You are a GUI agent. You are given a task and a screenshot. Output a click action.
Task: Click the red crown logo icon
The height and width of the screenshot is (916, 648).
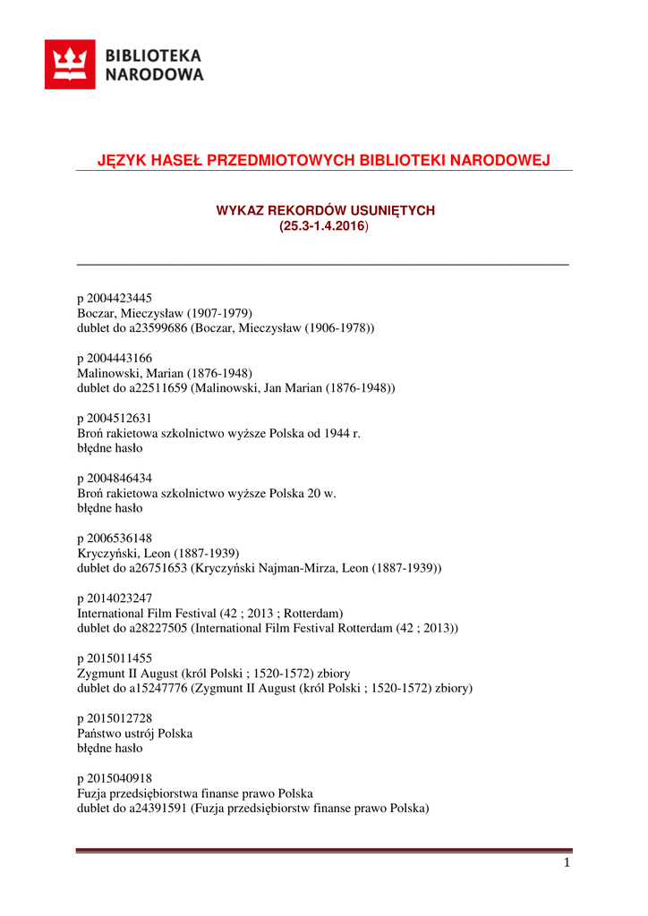[x=70, y=64]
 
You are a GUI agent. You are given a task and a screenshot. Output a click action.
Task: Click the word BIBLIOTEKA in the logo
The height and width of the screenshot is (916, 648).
[x=154, y=55]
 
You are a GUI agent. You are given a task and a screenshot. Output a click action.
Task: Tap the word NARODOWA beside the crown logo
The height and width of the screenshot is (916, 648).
[x=155, y=75]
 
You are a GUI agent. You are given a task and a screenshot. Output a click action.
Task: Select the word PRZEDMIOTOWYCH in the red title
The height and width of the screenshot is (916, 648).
[x=281, y=160]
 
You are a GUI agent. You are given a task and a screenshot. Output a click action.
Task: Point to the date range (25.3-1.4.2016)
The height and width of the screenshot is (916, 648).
[x=324, y=226]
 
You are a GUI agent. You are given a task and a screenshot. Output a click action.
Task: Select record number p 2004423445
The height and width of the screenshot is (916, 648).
[x=115, y=298]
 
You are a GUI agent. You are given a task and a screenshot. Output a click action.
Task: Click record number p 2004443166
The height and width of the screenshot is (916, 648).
[x=115, y=358]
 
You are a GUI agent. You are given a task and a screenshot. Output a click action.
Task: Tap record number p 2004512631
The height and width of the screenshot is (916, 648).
[x=115, y=418]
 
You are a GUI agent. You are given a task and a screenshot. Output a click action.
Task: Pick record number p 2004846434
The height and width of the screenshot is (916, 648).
[x=115, y=479]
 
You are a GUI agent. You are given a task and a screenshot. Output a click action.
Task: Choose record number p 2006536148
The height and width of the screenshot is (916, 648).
[x=115, y=539]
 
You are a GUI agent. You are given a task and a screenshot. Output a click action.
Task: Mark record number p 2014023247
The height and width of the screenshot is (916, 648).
[x=115, y=598]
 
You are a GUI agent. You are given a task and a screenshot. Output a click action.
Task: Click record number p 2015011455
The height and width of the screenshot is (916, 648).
[x=115, y=658]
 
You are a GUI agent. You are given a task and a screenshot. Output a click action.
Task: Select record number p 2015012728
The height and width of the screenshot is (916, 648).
[x=115, y=718]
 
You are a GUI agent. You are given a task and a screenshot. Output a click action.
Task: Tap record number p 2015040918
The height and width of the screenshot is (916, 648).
[x=115, y=779]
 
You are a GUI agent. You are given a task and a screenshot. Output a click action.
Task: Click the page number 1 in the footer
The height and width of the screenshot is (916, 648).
[x=567, y=862]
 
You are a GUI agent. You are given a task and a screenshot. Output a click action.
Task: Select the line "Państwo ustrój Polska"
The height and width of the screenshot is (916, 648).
[x=135, y=734]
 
